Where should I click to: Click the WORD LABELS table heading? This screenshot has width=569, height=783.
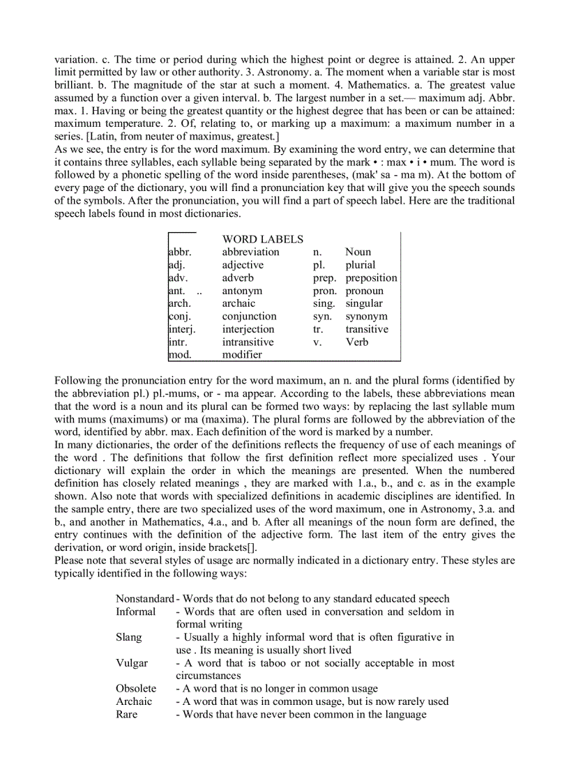pos(262,239)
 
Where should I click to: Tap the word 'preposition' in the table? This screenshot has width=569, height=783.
pos(371,278)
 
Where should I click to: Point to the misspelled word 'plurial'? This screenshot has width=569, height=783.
pos(360,265)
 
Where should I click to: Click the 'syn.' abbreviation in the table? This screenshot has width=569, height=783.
pos(321,317)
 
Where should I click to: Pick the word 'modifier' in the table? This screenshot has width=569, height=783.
pos(242,355)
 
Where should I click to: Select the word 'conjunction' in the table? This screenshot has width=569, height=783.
pos(249,317)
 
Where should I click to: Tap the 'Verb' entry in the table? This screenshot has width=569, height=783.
pos(356,342)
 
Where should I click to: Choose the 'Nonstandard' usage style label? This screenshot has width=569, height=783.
pos(144,599)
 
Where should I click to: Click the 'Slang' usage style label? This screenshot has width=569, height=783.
pos(129,637)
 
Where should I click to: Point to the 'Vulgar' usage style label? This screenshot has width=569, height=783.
pos(132,663)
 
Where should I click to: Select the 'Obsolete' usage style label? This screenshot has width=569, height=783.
pos(136,689)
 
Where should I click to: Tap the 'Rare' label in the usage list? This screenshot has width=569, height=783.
pos(127,715)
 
